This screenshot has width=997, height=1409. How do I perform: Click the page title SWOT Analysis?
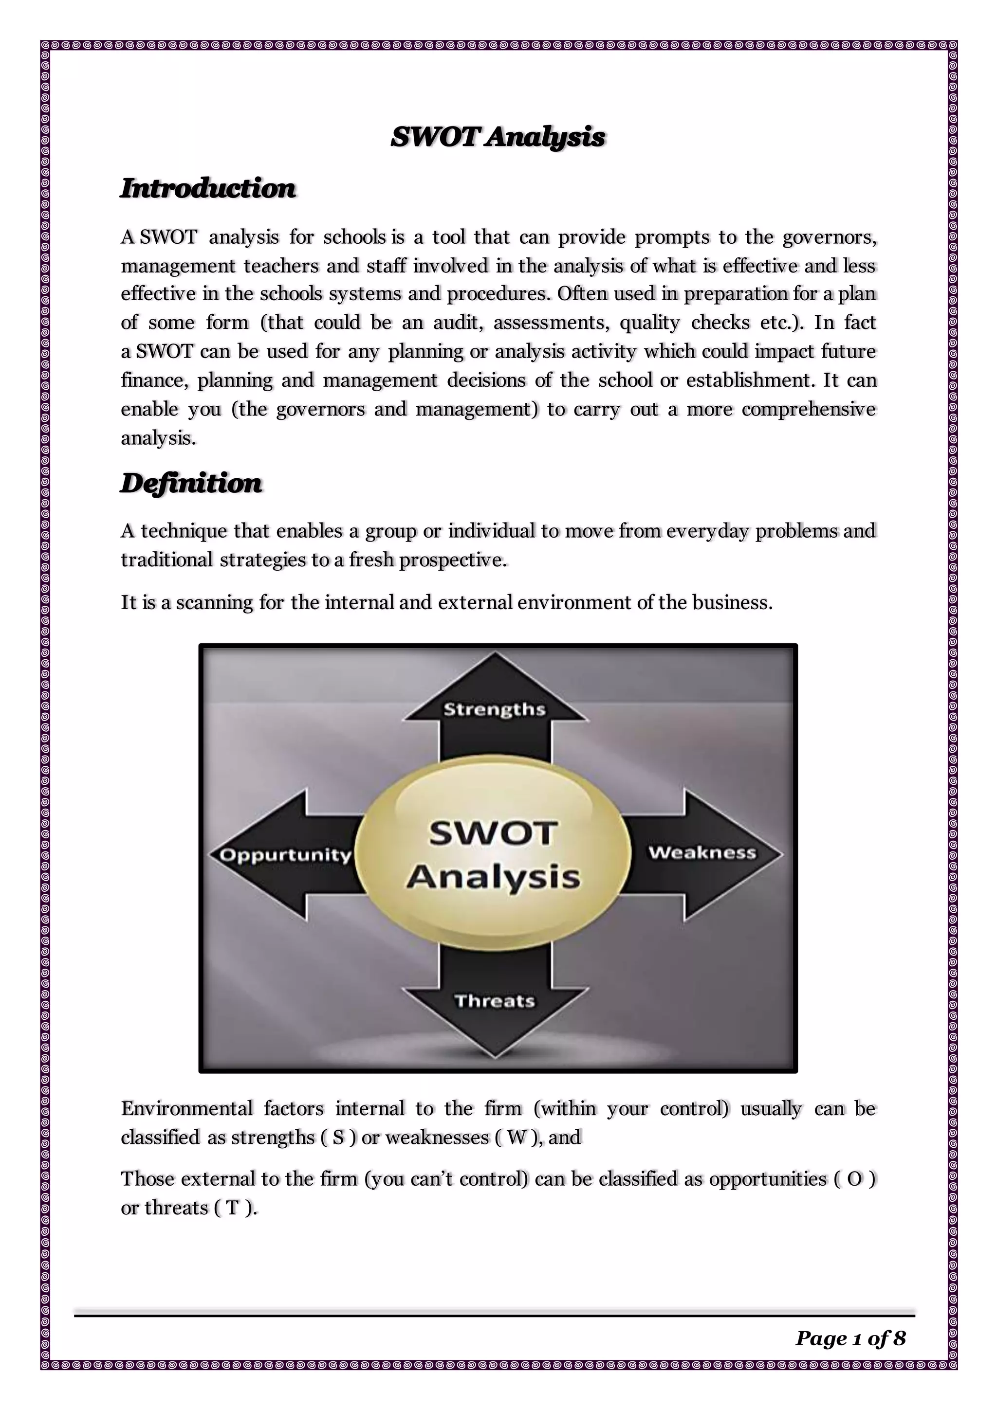(x=498, y=137)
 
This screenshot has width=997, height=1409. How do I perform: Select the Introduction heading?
(x=208, y=188)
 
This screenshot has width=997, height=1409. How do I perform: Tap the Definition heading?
(x=191, y=484)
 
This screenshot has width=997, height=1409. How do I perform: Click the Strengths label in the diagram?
(x=494, y=709)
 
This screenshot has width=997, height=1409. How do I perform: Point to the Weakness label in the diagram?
(x=702, y=853)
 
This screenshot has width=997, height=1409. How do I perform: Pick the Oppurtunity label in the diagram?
(x=285, y=855)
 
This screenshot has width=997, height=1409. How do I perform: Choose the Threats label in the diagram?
(x=495, y=1001)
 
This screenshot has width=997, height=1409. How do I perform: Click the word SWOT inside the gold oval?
(x=493, y=834)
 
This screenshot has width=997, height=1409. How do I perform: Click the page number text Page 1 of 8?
(x=850, y=1338)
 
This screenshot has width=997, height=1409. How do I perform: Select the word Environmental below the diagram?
(x=186, y=1109)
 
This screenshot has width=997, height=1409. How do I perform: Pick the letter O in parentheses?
(x=854, y=1179)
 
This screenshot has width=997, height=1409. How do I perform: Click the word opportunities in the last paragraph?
(x=767, y=1179)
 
